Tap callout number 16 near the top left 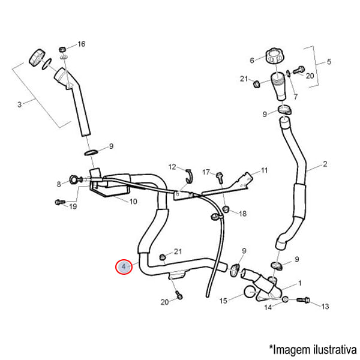point(82,44)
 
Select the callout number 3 point(19,104)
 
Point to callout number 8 point(59,184)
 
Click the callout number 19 point(73,207)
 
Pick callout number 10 point(133,201)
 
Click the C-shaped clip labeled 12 point(187,174)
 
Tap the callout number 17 point(205,172)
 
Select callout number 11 point(264,170)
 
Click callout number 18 point(242,214)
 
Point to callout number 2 point(325,164)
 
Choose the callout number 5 point(328,61)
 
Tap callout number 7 point(294,97)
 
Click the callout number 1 point(300,283)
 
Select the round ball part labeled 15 point(250,293)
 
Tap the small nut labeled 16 point(62,48)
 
